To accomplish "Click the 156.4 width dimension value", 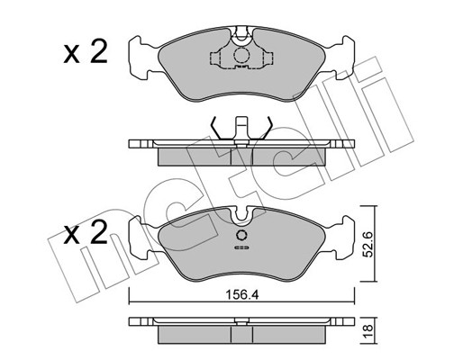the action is (x=242, y=295).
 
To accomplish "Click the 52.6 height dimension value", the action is (x=368, y=244).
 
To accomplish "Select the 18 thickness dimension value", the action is (x=368, y=330).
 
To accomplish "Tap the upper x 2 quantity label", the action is (x=86, y=52).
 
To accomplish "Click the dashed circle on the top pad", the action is (x=241, y=55).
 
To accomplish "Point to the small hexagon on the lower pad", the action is (x=241, y=236).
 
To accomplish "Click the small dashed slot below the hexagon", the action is (x=241, y=247).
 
